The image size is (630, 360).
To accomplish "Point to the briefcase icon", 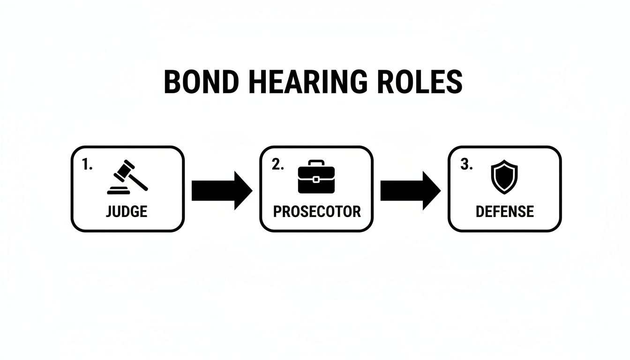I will (x=316, y=177).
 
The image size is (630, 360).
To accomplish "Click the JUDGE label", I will (x=127, y=211).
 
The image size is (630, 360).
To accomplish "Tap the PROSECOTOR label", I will (x=317, y=211).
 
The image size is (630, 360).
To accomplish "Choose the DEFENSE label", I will (x=504, y=211).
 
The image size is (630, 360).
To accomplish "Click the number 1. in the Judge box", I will (x=87, y=165).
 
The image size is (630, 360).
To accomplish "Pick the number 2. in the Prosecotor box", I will (x=277, y=165).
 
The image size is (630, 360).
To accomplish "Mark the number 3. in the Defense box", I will (x=466, y=165).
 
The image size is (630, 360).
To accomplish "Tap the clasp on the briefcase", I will (x=316, y=179).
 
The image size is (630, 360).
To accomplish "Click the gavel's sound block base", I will (x=120, y=190).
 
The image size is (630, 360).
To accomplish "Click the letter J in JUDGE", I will (x=109, y=211).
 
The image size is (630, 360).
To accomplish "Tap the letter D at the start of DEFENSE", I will (x=480, y=211).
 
